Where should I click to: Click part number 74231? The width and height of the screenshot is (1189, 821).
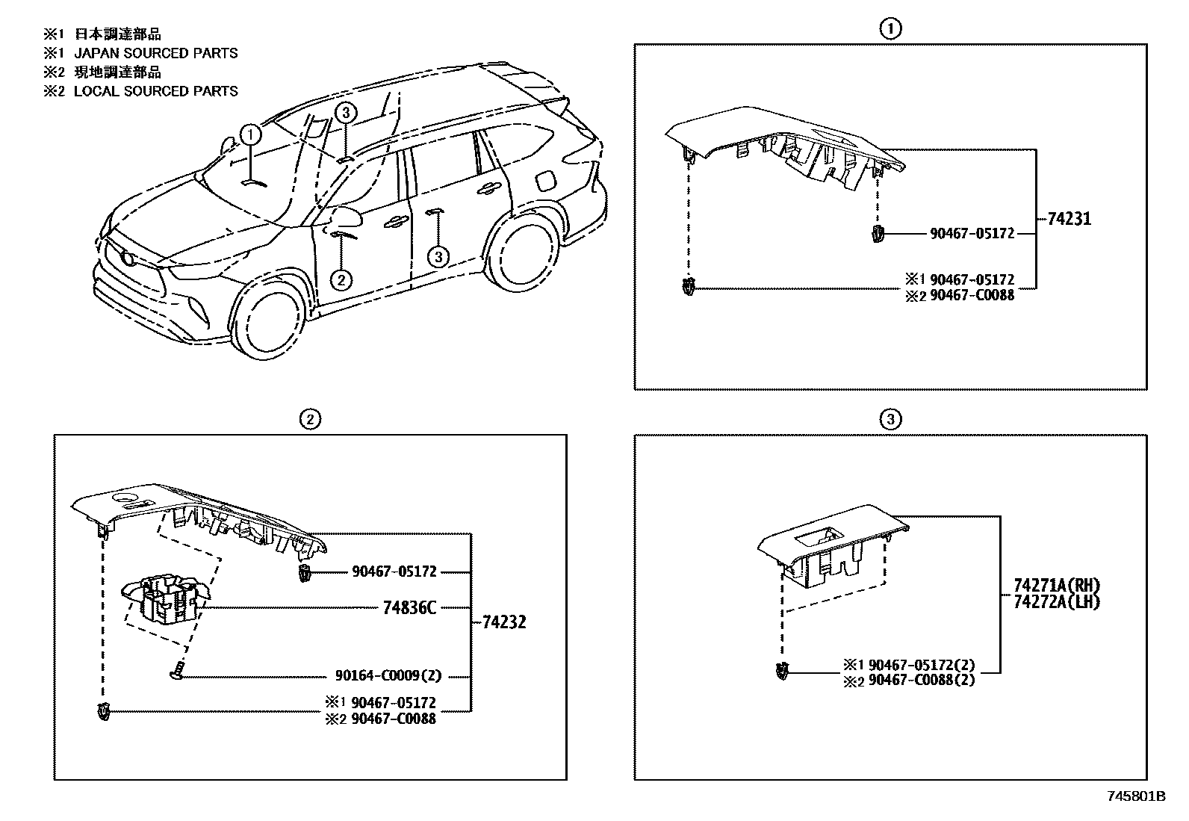click(x=1069, y=219)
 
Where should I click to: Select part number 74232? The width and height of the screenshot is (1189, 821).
click(x=504, y=622)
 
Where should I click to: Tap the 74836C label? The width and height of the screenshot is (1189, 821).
click(x=409, y=607)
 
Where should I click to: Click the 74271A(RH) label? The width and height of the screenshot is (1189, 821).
click(x=1057, y=585)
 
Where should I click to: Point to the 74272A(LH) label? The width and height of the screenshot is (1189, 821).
click(x=1057, y=601)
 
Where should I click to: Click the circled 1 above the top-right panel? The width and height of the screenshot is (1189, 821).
click(x=890, y=29)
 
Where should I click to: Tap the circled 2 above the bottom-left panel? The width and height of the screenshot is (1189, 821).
click(x=310, y=420)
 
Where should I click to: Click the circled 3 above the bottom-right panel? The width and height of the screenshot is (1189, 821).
click(x=890, y=420)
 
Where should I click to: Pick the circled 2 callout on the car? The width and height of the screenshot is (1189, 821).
click(x=341, y=279)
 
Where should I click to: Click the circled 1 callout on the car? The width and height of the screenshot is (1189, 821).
click(x=251, y=135)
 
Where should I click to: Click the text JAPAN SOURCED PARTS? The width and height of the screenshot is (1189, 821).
click(x=155, y=53)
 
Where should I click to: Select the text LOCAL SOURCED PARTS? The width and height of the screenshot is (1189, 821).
click(x=155, y=91)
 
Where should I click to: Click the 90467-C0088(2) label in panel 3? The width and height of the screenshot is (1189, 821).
click(x=922, y=681)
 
